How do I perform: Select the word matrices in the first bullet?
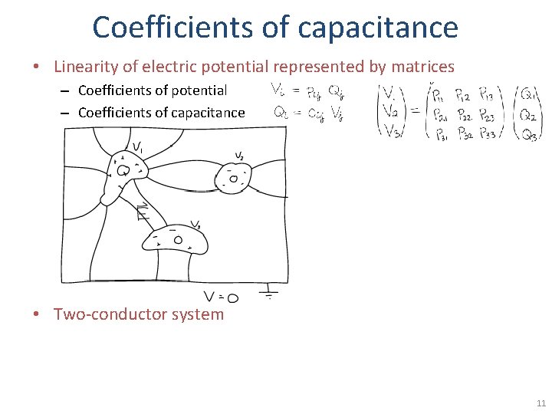point(419,67)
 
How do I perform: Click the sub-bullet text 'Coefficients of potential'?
point(153,90)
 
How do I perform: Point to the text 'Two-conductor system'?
point(139,314)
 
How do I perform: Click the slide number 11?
point(541,403)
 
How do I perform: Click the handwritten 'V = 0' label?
point(221,297)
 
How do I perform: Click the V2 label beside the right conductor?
point(239,156)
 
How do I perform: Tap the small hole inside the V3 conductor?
point(178,240)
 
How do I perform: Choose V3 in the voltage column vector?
point(393,132)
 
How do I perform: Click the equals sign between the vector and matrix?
point(414,112)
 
